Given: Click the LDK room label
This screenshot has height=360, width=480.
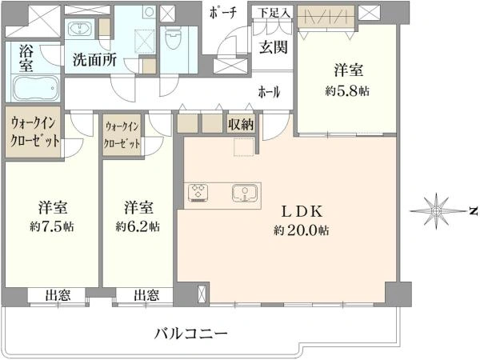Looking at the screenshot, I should pyautogui.click(x=300, y=212).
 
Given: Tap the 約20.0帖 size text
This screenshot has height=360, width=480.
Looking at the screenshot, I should pyautogui.click(x=301, y=230).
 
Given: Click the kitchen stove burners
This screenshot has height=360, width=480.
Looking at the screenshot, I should pyautogui.click(x=198, y=193).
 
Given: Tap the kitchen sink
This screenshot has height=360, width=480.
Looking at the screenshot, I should pyautogui.click(x=242, y=193).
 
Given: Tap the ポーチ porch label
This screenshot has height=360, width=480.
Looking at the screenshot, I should pyautogui.click(x=222, y=14).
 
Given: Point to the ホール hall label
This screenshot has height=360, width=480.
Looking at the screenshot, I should pyautogui.click(x=269, y=92).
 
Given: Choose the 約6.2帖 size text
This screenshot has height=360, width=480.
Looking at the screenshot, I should pyautogui.click(x=137, y=226).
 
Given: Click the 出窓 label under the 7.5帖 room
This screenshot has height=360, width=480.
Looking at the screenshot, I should pyautogui.click(x=56, y=295).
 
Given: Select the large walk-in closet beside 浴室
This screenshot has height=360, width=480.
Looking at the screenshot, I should pyautogui.click(x=34, y=130).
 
